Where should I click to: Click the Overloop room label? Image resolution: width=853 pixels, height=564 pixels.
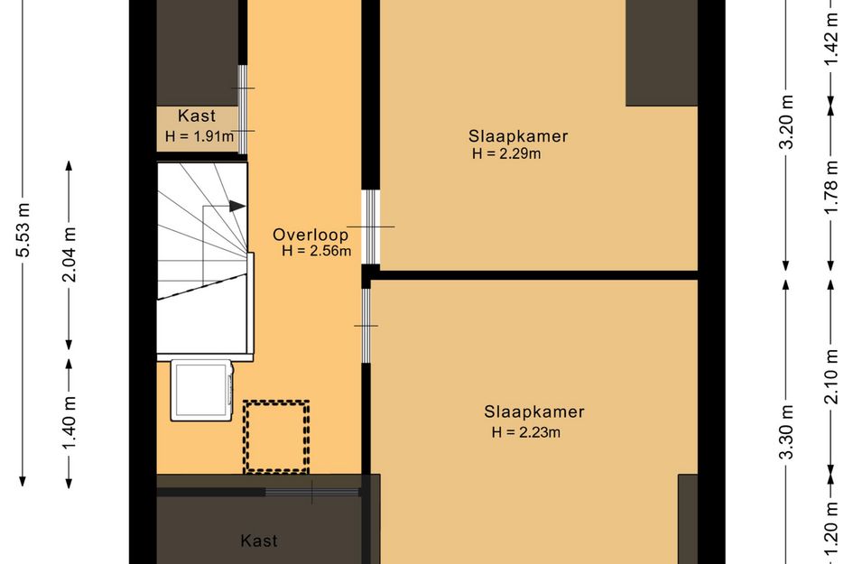coord(311,235)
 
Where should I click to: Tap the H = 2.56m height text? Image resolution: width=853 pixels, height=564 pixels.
coord(316,252)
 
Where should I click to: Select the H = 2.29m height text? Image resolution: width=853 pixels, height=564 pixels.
coord(506,153)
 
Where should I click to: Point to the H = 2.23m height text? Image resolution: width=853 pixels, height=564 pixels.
coord(526,432)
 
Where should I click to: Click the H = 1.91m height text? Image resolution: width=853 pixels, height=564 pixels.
coord(199,137)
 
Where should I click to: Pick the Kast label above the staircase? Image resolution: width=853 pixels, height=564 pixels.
coord(196,116)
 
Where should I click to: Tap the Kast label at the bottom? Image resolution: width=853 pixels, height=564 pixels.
coord(259,541)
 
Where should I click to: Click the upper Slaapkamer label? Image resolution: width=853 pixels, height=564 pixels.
coord(517,136)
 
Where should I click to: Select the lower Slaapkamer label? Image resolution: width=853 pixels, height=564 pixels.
coord(534,412)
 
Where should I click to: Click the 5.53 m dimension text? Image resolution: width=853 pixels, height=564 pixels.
coord(24,229)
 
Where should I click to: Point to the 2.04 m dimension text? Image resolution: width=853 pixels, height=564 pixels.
coord(70,254)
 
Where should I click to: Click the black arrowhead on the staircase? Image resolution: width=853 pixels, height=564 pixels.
coord(236,206)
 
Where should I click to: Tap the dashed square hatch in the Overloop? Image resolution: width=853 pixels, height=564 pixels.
coord(275,437)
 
